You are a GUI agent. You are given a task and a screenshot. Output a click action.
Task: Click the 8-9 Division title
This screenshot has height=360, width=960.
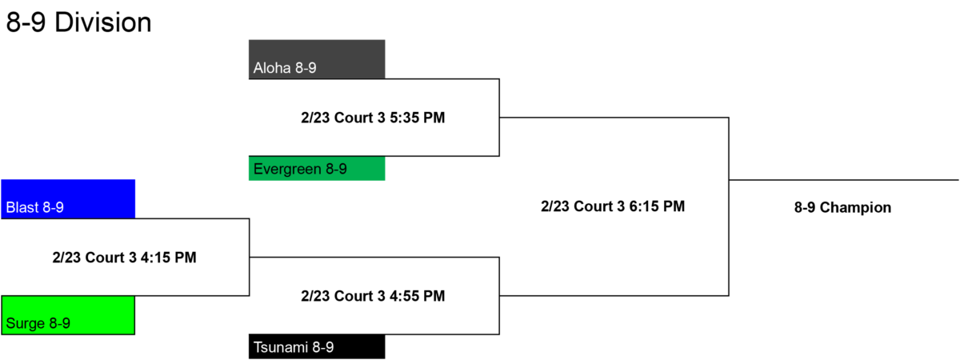(79, 22)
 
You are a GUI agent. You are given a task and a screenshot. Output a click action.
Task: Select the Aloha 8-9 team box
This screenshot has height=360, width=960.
(317, 59)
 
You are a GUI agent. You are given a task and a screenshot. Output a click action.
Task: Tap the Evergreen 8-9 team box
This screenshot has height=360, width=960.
(317, 168)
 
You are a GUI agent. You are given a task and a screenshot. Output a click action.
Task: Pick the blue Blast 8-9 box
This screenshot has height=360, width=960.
(68, 199)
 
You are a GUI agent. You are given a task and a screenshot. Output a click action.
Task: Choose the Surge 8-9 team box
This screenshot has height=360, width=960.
(68, 315)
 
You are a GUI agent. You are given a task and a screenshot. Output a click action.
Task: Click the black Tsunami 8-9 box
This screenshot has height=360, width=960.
(317, 346)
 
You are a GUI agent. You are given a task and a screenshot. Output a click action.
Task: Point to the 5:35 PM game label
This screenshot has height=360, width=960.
(373, 118)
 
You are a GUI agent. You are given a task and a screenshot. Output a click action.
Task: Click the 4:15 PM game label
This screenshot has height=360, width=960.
(124, 257)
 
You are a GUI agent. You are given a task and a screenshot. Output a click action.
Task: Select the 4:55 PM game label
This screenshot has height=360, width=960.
(373, 296)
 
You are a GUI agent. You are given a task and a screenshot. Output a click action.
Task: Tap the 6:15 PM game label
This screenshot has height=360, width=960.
(613, 206)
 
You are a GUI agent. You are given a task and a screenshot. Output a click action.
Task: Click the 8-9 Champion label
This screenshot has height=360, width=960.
(842, 207)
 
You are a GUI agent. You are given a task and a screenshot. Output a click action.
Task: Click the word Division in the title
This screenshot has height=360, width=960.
(103, 22)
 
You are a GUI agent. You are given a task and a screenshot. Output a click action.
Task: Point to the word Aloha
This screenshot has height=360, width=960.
(272, 68)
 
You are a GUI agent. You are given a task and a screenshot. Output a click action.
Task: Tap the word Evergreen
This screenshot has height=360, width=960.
(287, 169)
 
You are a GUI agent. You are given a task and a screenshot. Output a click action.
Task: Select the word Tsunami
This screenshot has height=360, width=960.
(281, 347)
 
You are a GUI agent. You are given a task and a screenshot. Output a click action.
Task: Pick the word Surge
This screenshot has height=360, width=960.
(26, 323)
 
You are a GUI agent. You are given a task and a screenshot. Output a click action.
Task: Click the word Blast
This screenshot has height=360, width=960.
(22, 207)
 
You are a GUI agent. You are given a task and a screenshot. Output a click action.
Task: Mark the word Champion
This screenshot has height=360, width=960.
(855, 207)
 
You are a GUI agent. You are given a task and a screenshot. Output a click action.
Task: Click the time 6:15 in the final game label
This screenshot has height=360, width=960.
(644, 206)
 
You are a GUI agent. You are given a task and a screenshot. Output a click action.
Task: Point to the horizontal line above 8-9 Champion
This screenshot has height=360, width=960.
(844, 180)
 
